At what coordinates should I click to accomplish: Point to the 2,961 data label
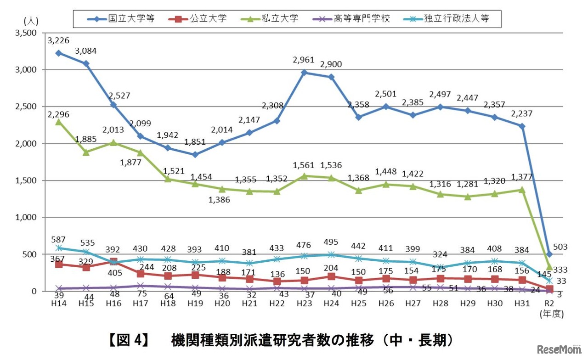click(304, 60)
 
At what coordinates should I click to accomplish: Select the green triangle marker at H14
click(58, 122)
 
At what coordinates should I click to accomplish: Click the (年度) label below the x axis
click(551, 315)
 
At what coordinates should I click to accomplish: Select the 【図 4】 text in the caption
click(127, 341)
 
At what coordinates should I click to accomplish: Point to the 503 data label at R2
click(560, 247)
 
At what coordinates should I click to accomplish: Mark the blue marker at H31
click(522, 126)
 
